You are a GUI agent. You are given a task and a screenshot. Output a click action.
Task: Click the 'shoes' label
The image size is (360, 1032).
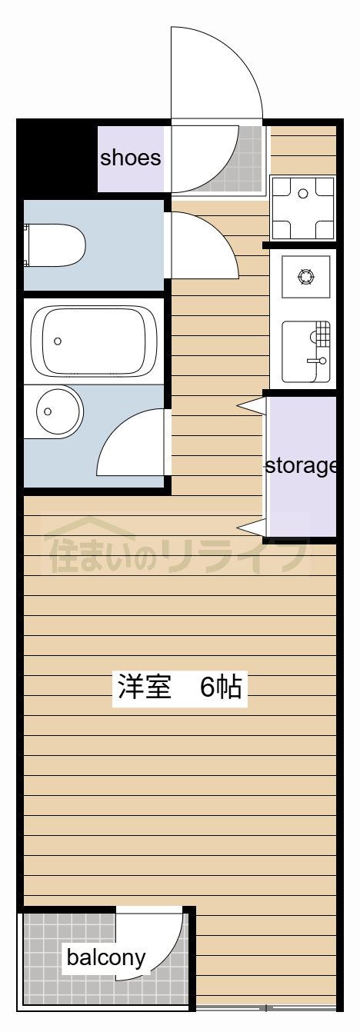(x=131, y=158)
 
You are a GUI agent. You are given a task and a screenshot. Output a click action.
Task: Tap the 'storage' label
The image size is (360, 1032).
(x=301, y=465)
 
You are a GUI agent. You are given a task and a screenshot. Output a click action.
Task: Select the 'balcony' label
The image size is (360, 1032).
(x=105, y=957)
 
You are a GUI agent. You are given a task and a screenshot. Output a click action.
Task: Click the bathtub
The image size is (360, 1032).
(x=93, y=340)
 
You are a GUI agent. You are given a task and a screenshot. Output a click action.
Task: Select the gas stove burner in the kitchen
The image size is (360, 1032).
(x=305, y=275)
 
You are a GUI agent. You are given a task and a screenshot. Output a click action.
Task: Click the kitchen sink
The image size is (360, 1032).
(x=305, y=351)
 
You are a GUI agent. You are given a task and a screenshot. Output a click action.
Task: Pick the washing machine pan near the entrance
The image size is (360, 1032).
(x=303, y=208)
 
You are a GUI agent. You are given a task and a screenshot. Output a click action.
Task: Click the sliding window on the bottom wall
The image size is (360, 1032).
(x=265, y=1007)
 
